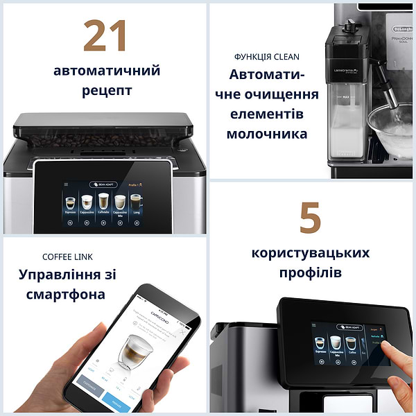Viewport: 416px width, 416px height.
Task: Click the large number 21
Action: point(105,35)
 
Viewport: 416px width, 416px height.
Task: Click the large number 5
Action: point(310,218)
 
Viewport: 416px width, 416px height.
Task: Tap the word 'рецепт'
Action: point(107,91)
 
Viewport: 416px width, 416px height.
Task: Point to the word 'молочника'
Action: point(266,133)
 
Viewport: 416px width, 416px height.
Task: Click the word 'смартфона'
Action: point(62,294)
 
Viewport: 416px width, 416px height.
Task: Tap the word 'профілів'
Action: point(310,272)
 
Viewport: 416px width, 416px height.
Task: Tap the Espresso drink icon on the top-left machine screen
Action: point(70,203)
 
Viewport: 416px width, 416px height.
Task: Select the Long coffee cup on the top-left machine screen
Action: point(136,202)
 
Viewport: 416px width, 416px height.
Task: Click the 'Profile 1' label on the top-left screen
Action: point(135,185)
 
